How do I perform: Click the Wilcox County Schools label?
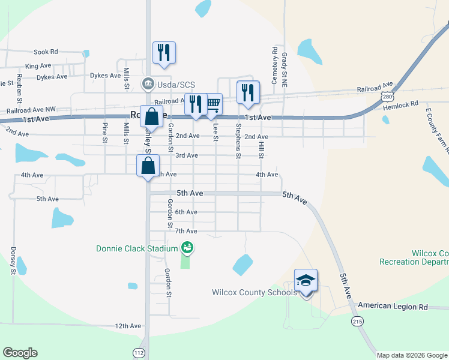coord(255,293)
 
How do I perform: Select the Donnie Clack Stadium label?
coord(137,248)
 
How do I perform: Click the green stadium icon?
coord(187,247)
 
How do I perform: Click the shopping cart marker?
coord(212,104)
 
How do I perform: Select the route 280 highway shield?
coord(387,96)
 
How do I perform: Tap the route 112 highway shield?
coord(139,352)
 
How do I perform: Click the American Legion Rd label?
coord(393,307)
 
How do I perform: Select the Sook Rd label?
coord(46,52)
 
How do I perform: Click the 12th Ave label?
coord(128,326)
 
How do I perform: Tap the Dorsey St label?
coord(13,260)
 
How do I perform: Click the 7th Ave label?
coord(186,231)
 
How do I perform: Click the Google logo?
coord(20,353)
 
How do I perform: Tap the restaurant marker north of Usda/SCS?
coord(164,53)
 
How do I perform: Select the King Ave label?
coord(38,66)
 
